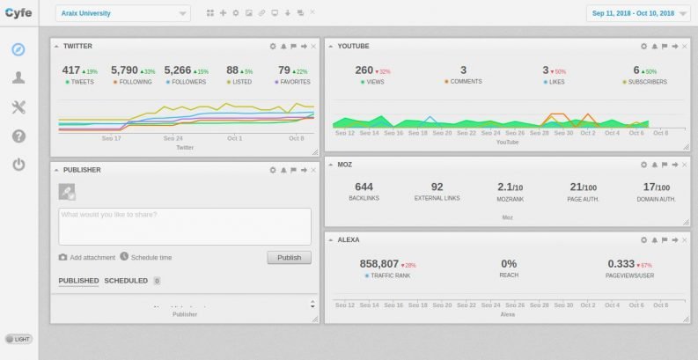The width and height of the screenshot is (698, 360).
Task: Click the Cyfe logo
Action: [18, 12]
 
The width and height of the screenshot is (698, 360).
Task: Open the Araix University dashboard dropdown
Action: [122, 13]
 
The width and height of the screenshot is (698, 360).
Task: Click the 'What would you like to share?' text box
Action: [185, 226]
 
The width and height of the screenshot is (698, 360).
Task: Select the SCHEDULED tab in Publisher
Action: [127, 281]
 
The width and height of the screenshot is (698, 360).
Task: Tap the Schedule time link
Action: [151, 257]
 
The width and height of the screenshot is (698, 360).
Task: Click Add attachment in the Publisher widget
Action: [92, 257]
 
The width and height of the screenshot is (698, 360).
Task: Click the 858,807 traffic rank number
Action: [378, 263]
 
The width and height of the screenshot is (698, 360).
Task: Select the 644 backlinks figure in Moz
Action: [364, 187]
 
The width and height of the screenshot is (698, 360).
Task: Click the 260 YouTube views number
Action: [364, 70]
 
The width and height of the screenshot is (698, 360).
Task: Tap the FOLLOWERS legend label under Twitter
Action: [186, 82]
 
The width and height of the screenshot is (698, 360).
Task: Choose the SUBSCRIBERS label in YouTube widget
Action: [649, 82]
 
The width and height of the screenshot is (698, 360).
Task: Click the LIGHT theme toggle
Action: [18, 338]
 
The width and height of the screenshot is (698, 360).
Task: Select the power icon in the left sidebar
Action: [18, 165]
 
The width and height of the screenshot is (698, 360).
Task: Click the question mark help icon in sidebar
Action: [18, 136]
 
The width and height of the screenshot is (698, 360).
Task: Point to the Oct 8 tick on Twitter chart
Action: [296, 138]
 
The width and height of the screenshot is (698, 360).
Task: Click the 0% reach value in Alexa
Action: [508, 263]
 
